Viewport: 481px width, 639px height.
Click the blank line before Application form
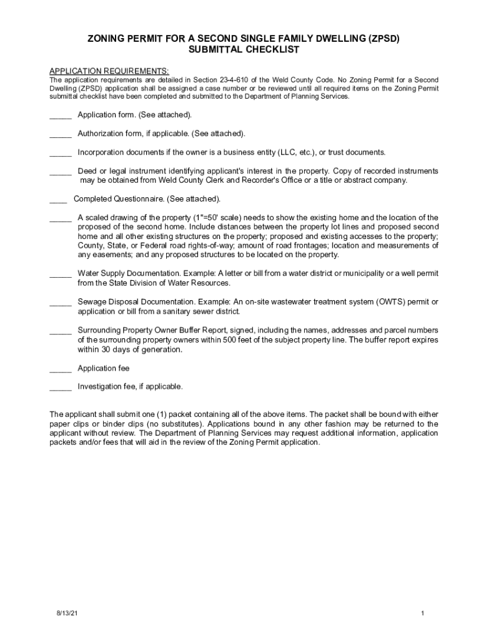coord(61,117)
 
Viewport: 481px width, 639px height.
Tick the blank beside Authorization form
coord(61,135)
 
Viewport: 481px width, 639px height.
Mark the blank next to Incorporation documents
coord(61,154)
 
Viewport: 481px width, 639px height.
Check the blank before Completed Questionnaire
coord(58,201)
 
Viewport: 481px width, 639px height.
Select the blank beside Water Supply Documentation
coord(61,276)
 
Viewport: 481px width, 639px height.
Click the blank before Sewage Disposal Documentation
coord(61,304)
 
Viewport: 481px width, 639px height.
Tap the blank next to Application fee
coord(61,371)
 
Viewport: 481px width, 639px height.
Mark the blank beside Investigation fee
coord(61,389)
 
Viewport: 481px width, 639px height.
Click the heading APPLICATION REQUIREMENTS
coord(109,71)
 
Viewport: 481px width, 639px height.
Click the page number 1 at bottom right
coord(423,613)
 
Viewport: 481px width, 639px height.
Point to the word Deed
coord(88,171)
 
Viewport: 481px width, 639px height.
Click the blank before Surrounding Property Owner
coord(61,332)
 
